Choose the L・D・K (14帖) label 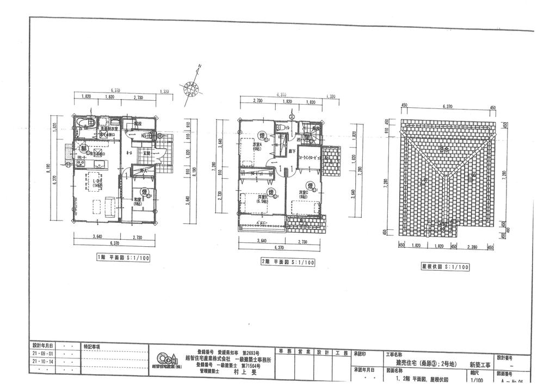click(x=98, y=182)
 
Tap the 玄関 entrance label click(x=147, y=154)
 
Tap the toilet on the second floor click(x=279, y=126)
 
